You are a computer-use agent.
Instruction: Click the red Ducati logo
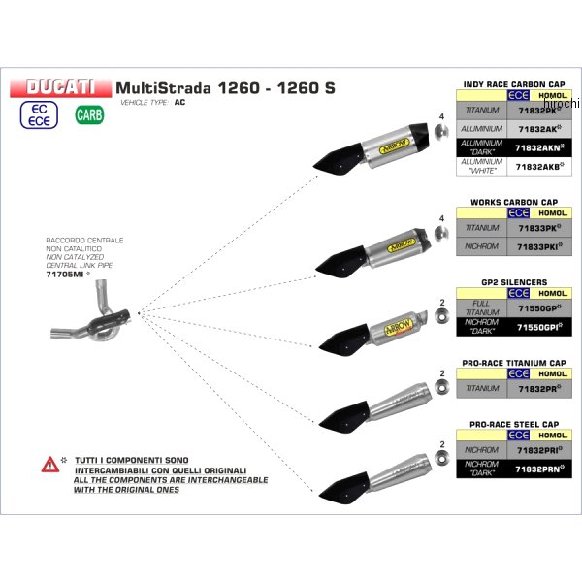60,86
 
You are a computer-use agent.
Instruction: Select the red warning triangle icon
48,466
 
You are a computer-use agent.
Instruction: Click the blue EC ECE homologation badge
38,115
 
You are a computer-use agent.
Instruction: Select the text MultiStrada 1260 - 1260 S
225,87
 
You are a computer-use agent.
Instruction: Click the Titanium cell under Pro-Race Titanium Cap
482,388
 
